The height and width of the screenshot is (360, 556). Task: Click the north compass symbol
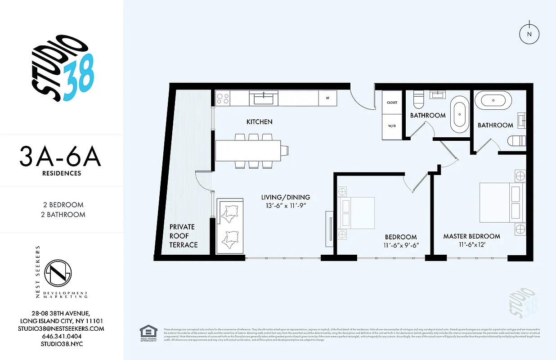coord(529,34)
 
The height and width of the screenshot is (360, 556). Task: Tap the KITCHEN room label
coord(259,122)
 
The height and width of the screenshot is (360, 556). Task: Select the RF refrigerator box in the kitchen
coord(327,98)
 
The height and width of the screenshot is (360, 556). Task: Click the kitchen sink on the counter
coord(264,97)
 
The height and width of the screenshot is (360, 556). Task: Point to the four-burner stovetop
coord(223,98)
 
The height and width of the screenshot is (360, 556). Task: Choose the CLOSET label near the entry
coord(392,103)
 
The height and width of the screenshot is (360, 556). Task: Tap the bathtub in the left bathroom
coord(459,114)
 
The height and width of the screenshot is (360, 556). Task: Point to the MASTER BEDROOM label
coord(471,236)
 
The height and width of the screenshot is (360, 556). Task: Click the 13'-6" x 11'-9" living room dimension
coord(286,206)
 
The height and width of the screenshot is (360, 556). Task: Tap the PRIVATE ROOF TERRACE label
coord(184,236)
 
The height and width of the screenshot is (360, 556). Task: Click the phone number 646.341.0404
coord(62,336)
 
